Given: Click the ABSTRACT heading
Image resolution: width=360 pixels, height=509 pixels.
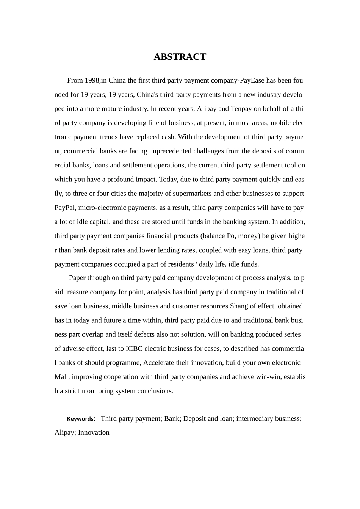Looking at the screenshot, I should tap(180, 57).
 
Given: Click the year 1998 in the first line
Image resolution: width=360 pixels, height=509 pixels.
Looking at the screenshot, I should tap(92, 80).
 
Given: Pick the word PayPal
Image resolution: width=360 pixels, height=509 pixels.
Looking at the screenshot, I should tap(64, 208).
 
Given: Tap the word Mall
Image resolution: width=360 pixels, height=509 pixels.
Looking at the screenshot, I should tap(61, 377).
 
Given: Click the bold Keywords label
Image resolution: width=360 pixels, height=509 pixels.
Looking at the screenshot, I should tap(81, 419).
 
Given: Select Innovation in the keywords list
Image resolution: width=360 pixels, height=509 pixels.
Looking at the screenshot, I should tap(94, 432).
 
